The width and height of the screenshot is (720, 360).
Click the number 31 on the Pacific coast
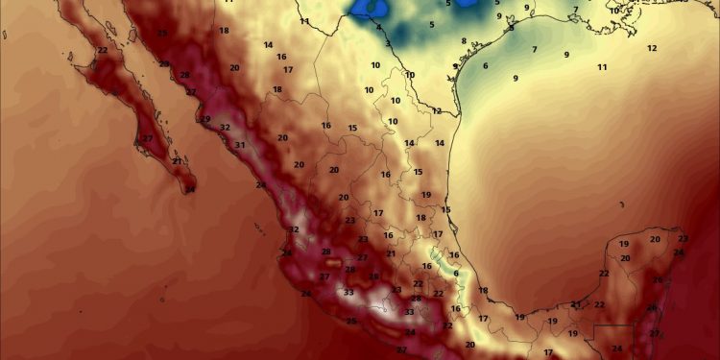click(240, 145)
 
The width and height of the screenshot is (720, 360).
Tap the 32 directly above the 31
click(225, 128)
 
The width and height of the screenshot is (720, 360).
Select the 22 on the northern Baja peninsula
click(103, 50)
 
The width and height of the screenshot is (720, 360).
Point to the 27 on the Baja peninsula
click(148, 139)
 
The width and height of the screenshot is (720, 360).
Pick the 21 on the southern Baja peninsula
click(177, 161)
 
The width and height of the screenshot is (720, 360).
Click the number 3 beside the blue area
click(388, 43)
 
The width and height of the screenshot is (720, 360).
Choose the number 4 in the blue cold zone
click(378, 27)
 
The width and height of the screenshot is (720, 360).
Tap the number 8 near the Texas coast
click(464, 41)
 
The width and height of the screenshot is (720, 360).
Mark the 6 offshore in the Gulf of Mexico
click(486, 66)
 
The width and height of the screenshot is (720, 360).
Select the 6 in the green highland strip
click(455, 273)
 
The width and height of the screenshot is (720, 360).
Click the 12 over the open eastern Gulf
click(652, 48)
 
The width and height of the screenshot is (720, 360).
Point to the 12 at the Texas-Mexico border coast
click(437, 110)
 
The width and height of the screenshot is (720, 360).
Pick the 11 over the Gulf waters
click(603, 67)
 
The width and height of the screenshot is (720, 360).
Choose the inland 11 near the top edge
click(304, 21)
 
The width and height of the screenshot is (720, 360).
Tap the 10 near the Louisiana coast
click(614, 11)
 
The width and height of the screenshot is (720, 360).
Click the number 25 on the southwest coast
click(351, 321)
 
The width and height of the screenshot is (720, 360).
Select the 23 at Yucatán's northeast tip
click(684, 238)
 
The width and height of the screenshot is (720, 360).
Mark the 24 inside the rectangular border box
click(617, 348)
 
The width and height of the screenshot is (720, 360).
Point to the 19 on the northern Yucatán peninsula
click(624, 244)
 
